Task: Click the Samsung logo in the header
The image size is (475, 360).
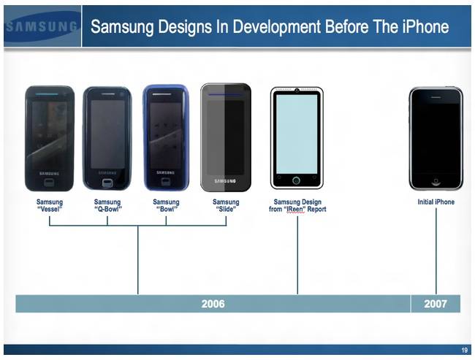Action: [42, 26]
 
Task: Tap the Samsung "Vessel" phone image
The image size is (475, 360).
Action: [50, 138]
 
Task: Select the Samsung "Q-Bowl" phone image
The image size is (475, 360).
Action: [107, 138]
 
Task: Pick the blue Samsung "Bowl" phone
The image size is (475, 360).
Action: [166, 138]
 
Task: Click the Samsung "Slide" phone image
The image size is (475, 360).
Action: [226, 137]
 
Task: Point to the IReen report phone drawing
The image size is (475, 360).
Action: [297, 138]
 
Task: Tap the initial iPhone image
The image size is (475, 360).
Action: [436, 138]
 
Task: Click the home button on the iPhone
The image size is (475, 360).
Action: [436, 183]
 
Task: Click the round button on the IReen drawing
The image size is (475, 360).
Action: [296, 181]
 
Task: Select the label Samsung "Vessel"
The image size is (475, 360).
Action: [50, 206]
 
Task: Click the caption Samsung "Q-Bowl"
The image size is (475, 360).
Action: [107, 206]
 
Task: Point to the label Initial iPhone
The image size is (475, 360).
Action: [436, 202]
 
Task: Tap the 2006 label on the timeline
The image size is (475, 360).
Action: [213, 304]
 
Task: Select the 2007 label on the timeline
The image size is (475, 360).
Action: [436, 304]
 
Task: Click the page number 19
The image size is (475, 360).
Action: [464, 351]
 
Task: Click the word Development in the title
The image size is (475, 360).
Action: [276, 26]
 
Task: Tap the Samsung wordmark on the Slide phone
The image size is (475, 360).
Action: [225, 181]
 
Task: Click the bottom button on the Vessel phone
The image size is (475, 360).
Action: [50, 183]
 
